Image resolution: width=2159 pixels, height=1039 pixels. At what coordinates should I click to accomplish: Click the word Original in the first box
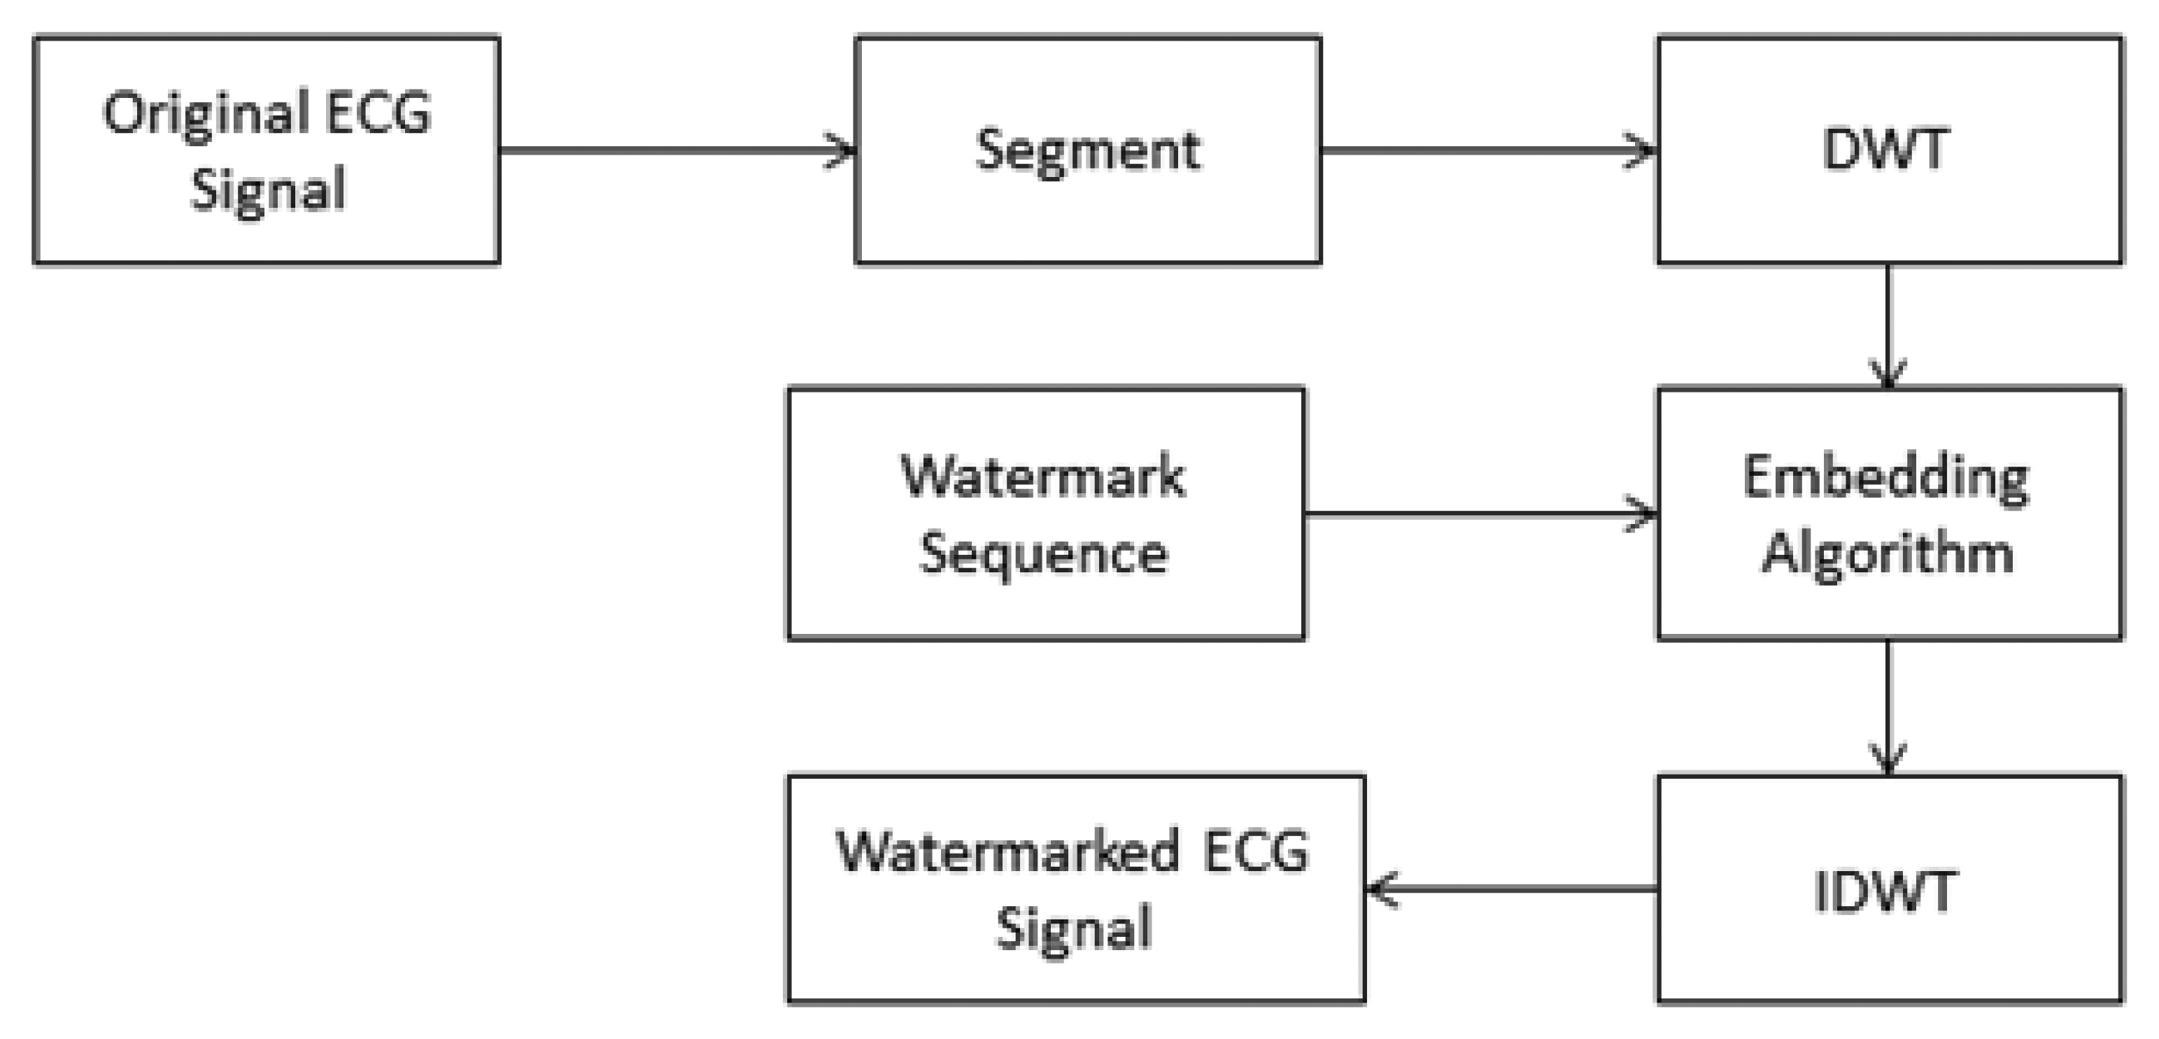click(206, 114)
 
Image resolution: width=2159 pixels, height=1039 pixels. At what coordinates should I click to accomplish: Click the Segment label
click(1088, 151)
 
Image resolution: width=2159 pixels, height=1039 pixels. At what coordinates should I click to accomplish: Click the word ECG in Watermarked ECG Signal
click(1256, 852)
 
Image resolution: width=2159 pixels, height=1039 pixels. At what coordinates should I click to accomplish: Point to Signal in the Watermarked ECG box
click(1074, 928)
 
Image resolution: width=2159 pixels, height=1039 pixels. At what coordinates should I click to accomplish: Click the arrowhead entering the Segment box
click(842, 151)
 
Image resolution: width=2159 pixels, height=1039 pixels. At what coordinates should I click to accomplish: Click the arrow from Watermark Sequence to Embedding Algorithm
click(1475, 514)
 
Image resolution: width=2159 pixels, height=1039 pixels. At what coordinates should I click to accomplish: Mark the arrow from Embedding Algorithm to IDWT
click(1888, 704)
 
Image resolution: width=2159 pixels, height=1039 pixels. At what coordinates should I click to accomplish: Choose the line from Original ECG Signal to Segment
click(670, 151)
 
